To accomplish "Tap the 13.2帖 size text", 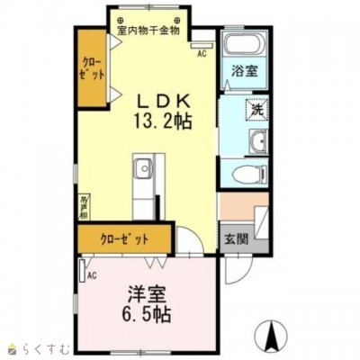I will (x=162, y=119).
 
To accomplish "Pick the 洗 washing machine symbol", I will (x=256, y=111).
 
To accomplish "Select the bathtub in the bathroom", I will (x=239, y=47).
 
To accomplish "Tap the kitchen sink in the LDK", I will (x=144, y=168).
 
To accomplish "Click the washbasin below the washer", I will (x=258, y=140).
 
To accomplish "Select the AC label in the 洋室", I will (x=91, y=274).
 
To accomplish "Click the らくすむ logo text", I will (x=42, y=346).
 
